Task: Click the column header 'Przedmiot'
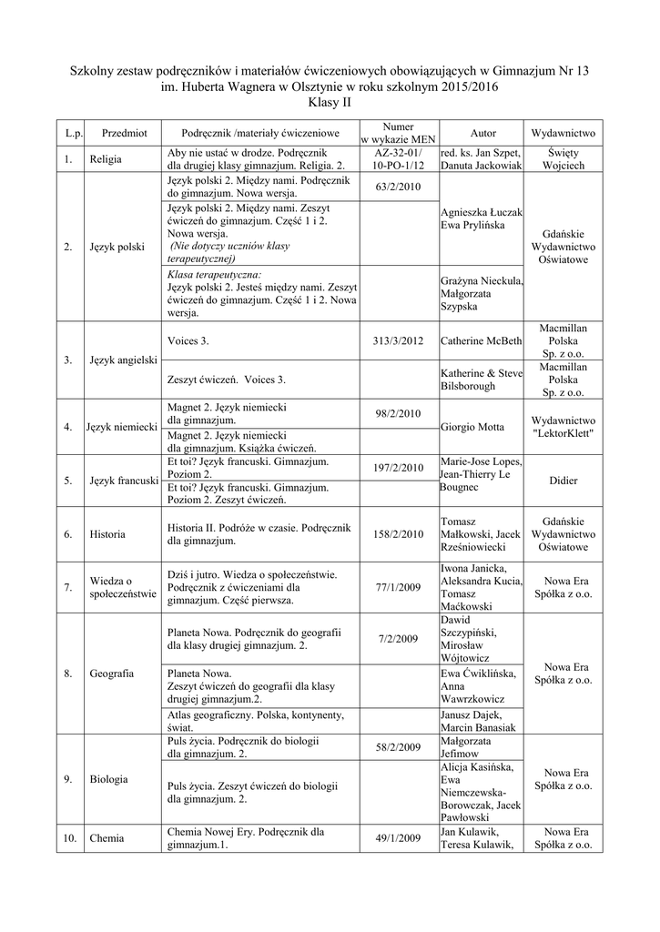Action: (125, 133)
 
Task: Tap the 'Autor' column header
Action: (482, 133)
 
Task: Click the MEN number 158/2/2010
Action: (399, 534)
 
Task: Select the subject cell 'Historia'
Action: (107, 534)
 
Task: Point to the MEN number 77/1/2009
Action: (399, 587)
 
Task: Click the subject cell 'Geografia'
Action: (113, 674)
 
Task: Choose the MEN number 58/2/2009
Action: (399, 748)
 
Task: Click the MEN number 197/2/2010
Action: (399, 469)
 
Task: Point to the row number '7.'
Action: (68, 587)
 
